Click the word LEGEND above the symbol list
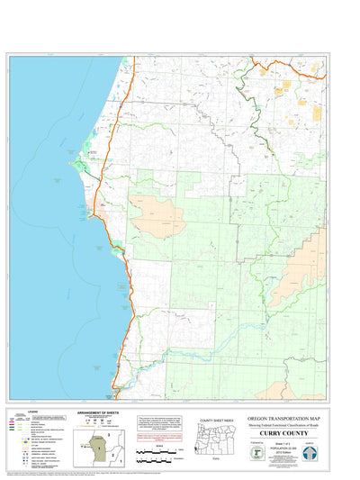pyautogui.click(x=33, y=412)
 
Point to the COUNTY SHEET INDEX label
pyautogui.click(x=217, y=420)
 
